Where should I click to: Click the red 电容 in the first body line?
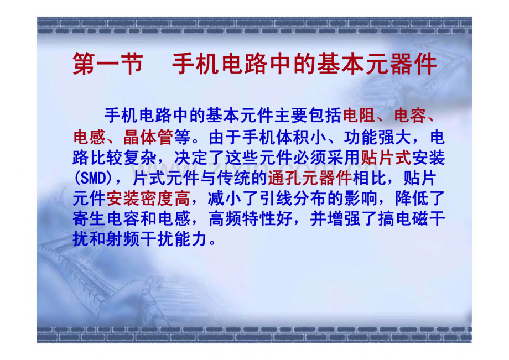tap(412, 116)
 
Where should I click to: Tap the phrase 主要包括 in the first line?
tap(306, 116)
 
